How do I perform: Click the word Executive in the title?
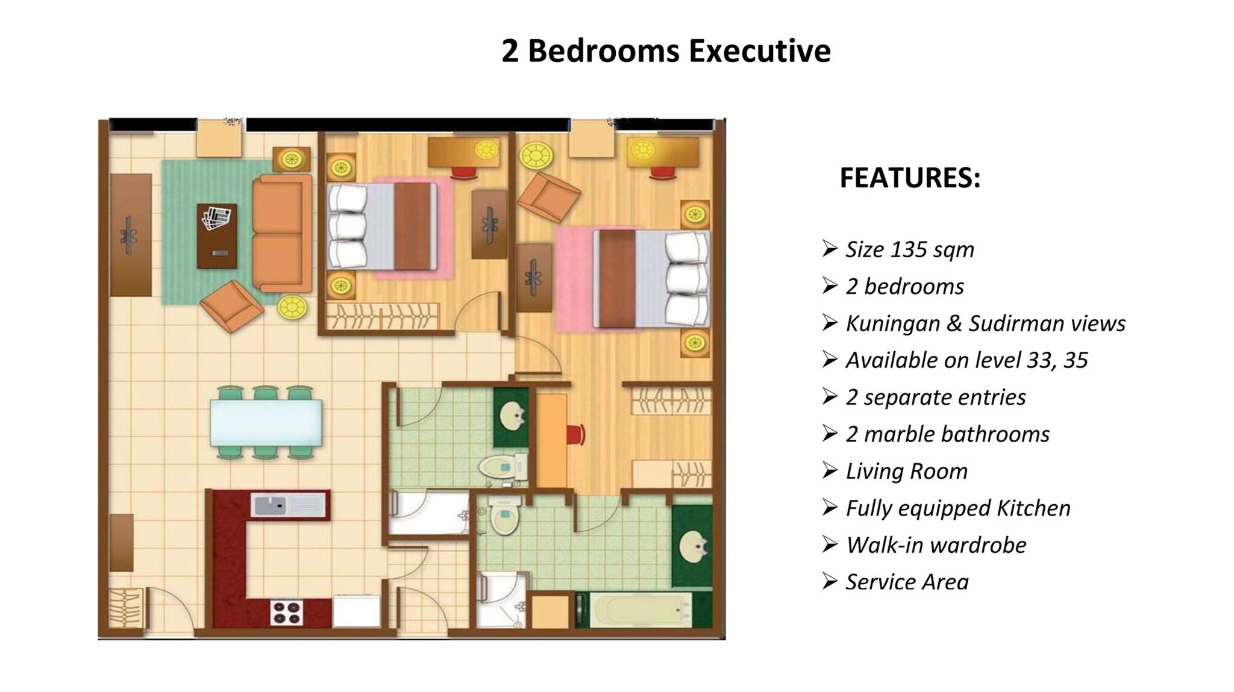click(760, 51)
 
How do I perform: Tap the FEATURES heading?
click(910, 178)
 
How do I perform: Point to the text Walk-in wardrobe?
click(936, 545)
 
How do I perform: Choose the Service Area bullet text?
click(907, 582)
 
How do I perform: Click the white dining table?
click(266, 423)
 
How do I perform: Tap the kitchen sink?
click(289, 505)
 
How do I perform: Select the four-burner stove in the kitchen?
click(286, 613)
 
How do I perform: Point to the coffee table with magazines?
click(217, 236)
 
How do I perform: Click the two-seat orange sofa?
click(281, 233)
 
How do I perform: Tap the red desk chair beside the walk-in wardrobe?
click(575, 434)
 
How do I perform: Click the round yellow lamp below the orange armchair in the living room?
click(292, 308)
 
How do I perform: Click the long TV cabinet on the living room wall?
click(131, 235)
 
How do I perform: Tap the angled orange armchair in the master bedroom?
click(548, 197)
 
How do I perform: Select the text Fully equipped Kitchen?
click(958, 508)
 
